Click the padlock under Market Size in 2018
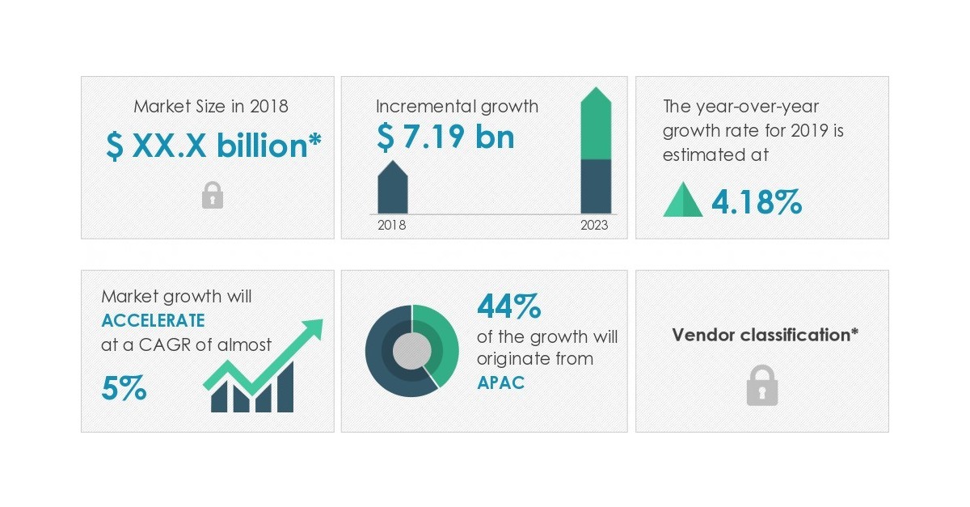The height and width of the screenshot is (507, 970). coord(212,195)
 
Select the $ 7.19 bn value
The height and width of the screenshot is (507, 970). coord(445,137)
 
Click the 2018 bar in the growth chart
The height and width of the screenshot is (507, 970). coord(393,189)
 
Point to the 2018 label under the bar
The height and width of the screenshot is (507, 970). coord(392,226)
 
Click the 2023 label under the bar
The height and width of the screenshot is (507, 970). coord(594,226)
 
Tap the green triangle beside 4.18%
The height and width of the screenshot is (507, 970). coord(683,201)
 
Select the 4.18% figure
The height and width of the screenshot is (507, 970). coord(757,202)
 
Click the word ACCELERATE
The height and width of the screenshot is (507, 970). coord(154,320)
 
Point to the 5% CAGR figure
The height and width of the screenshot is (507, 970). coord(124,389)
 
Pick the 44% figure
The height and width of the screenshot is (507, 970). coord(508,307)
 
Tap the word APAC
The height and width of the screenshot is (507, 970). coord(500,382)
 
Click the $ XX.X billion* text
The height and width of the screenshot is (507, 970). coord(213,146)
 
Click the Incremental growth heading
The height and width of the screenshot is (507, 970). coord(457,107)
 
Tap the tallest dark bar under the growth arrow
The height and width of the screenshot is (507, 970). coord(285,387)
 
